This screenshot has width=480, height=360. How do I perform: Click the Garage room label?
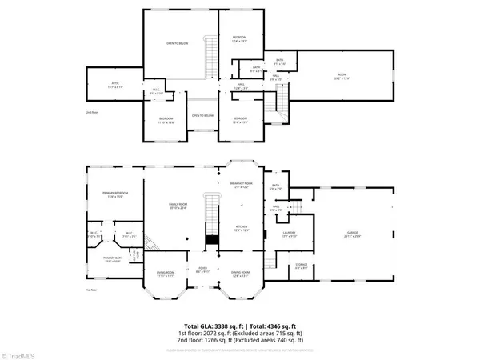pyautogui.click(x=352, y=234)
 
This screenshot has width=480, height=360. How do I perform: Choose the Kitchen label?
pyautogui.click(x=242, y=229)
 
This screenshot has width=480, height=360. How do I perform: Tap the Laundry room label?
pyautogui.click(x=291, y=234)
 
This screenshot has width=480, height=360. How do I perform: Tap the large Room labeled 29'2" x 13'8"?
pyautogui.click(x=343, y=78)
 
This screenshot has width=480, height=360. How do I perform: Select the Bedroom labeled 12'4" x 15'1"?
pyautogui.click(x=239, y=40)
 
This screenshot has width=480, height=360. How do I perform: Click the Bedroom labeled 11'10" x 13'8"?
pyautogui.click(x=166, y=121)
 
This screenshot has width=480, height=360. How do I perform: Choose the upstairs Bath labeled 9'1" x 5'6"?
pyautogui.click(x=279, y=61)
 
